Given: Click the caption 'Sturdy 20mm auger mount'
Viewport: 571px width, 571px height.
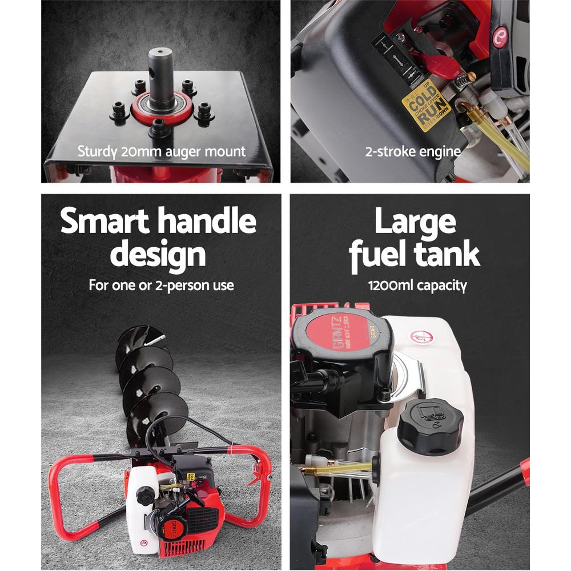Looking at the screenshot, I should [x=161, y=152].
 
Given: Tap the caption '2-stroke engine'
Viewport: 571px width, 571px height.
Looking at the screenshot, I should [x=412, y=152].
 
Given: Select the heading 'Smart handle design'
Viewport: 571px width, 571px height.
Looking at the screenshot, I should [x=158, y=238].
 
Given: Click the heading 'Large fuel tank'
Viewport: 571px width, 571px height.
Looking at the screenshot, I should [x=415, y=238].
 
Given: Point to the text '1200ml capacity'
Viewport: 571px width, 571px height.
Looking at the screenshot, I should [x=417, y=285].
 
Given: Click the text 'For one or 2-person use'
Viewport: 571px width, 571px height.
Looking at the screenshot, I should [x=161, y=285].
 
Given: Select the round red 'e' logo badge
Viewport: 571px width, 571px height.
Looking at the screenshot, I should [x=501, y=36].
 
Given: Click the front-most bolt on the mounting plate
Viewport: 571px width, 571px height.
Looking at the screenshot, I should [x=159, y=127].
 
